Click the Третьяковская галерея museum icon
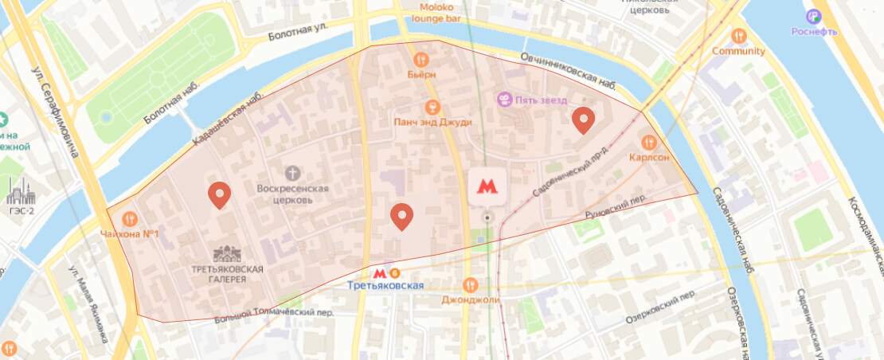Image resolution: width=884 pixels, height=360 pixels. (227, 254)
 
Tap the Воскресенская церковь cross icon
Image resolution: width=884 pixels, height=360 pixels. (294, 172)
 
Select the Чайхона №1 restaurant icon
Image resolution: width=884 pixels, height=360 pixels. (129, 218)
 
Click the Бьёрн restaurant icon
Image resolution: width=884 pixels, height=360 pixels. (420, 59)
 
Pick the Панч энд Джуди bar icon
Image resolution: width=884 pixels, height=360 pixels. (432, 107)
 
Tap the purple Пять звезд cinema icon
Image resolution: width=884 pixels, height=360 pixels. (504, 100)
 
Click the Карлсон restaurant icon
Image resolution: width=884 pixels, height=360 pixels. (648, 143)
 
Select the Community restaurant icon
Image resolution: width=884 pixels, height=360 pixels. (739, 36)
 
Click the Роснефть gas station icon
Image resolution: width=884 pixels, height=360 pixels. (813, 15)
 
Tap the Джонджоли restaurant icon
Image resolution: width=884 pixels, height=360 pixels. (470, 284)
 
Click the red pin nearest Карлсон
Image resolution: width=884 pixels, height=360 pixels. (584, 119)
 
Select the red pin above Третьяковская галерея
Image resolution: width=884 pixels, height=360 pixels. (219, 194)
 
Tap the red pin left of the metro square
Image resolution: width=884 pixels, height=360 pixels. (402, 216)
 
